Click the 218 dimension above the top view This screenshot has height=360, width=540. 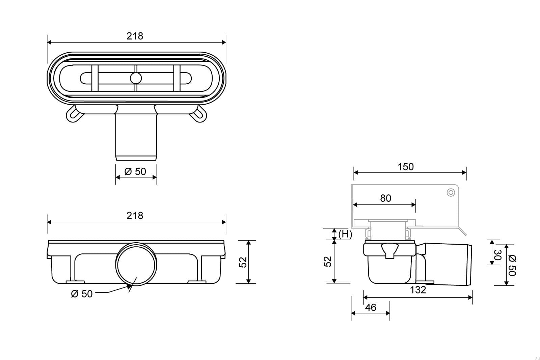click(135, 36)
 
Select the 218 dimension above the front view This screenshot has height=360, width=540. click(135, 216)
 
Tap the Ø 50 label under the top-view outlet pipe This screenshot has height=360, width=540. click(135, 172)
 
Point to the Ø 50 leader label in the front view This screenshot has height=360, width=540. click(82, 294)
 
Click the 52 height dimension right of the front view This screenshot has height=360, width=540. click(243, 262)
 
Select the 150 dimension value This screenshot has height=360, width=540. click(405, 167)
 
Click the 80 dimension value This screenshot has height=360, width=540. click(385, 198)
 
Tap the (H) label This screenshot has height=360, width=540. click(345, 234)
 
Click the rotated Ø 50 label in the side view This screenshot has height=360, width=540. click(512, 265)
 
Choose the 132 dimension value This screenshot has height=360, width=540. click(418, 290)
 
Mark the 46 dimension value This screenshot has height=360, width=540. click(371, 307)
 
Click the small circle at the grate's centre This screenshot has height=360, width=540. click(136, 78)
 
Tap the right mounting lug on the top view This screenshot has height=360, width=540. click(197, 113)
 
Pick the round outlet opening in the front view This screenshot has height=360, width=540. click(136, 265)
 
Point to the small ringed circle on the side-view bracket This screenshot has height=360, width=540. click(451, 193)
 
